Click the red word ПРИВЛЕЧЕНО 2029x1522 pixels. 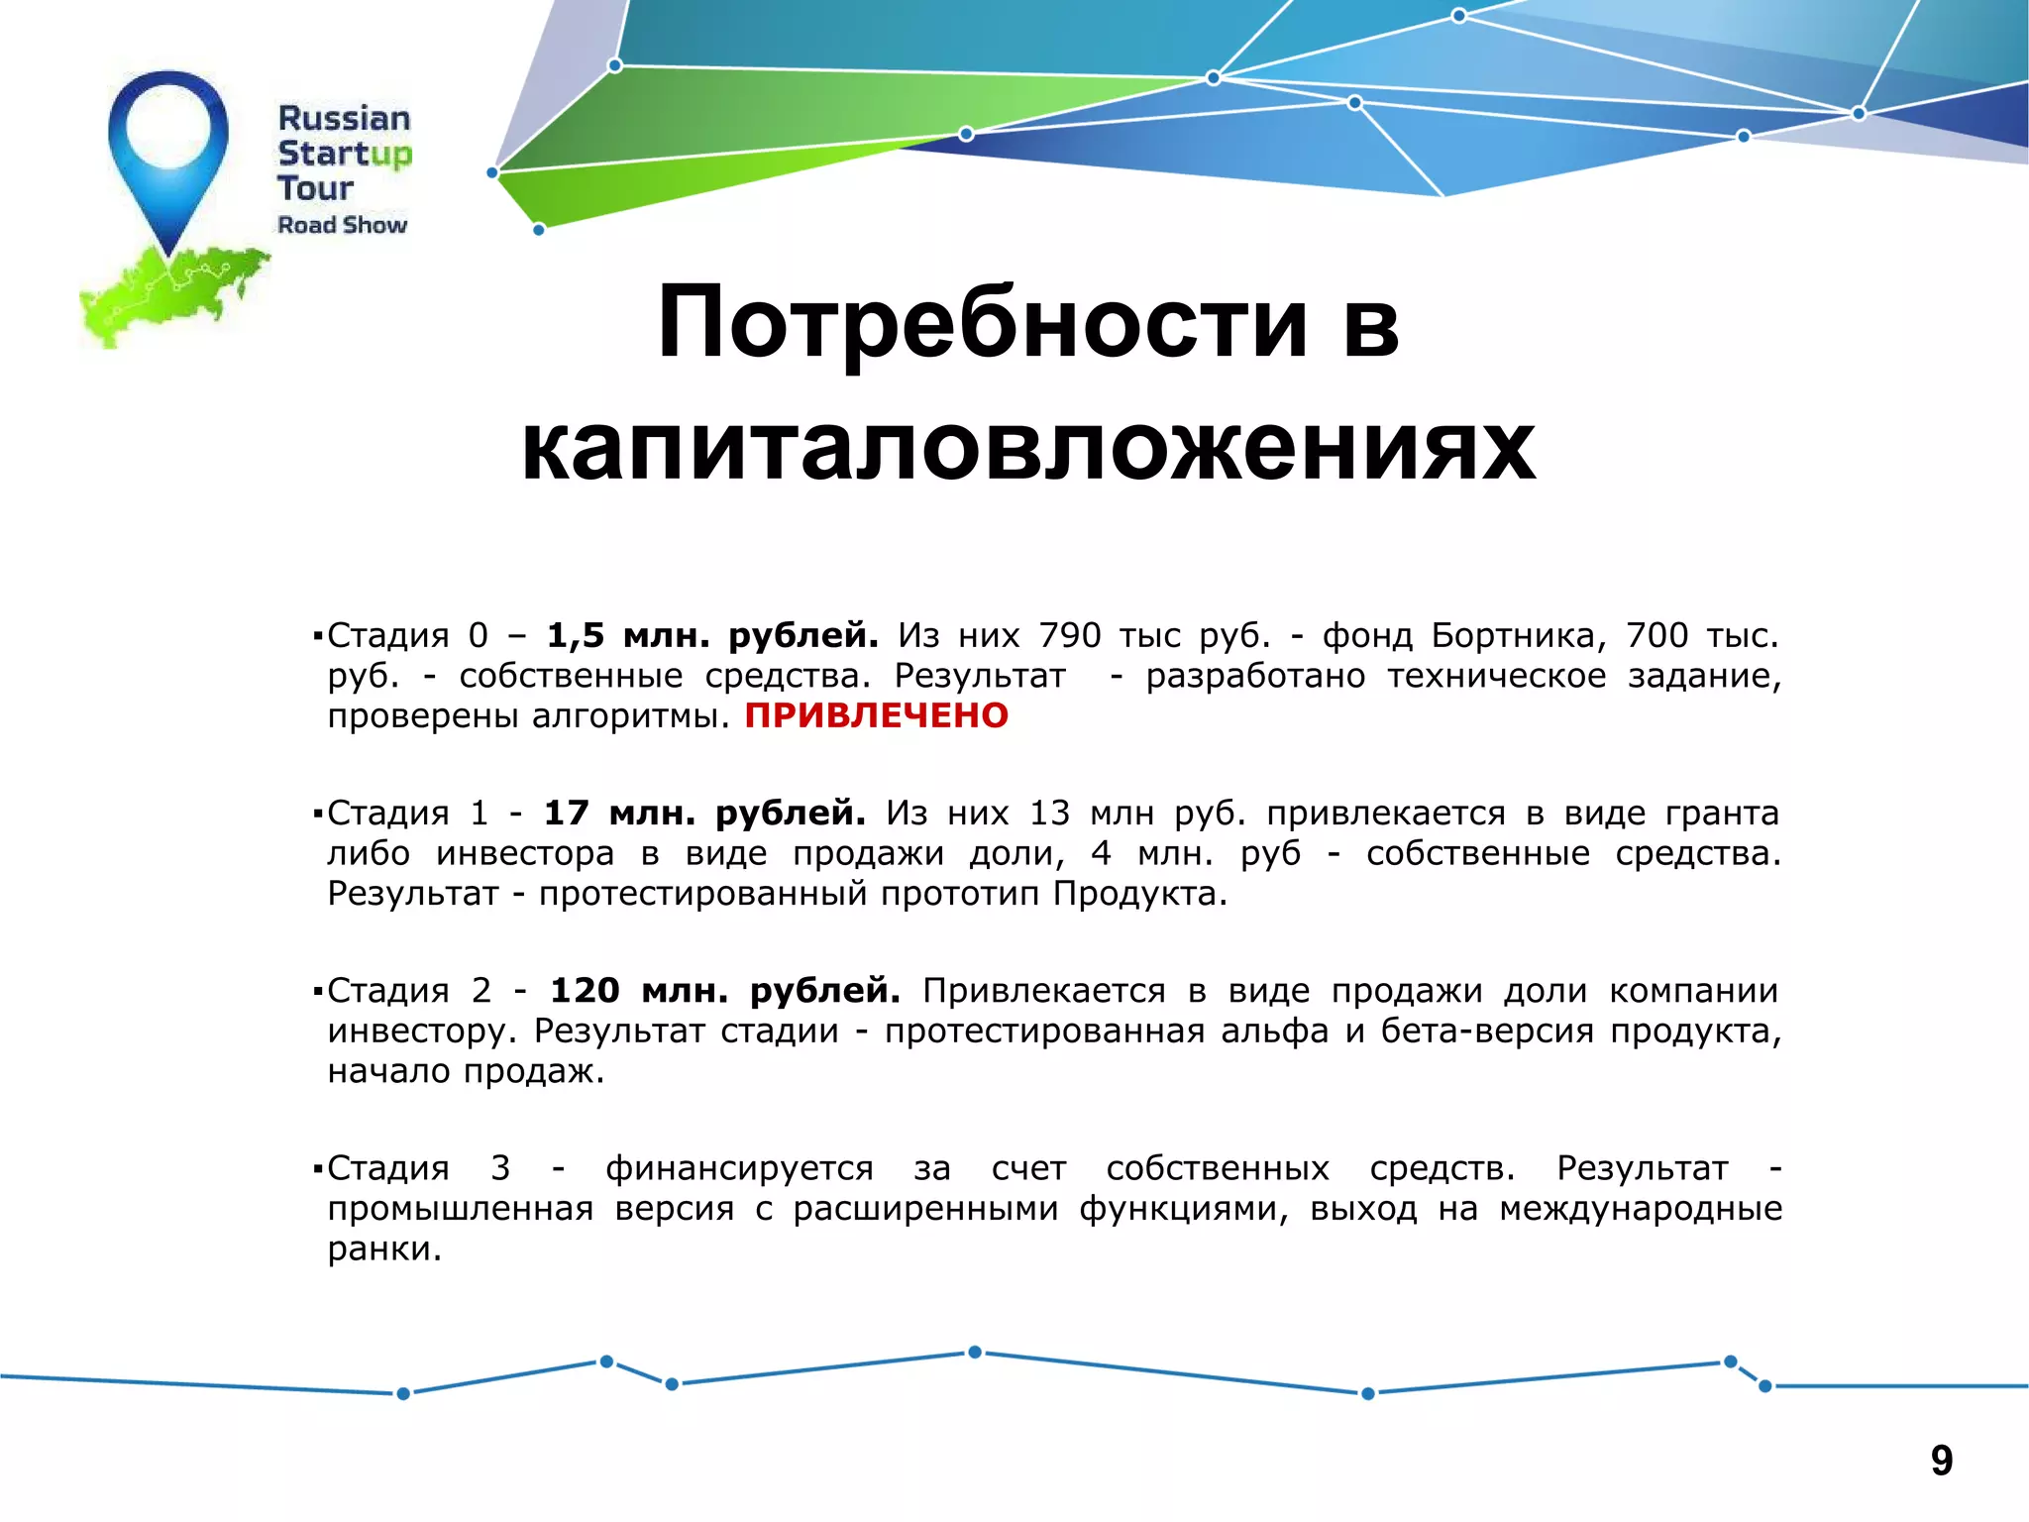point(876,715)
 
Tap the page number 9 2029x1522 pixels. point(1941,1461)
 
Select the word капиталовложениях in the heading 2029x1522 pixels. point(1028,448)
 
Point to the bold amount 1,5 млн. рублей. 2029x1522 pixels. point(712,635)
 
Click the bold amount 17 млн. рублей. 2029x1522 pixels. point(704,813)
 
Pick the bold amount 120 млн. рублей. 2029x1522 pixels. point(725,990)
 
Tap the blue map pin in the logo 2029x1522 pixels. point(168,149)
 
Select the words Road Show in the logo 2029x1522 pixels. point(342,225)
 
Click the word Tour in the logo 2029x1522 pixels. point(315,187)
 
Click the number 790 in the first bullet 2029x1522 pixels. point(1070,635)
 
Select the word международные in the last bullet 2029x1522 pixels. point(1641,1209)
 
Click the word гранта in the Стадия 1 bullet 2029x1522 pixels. point(1722,813)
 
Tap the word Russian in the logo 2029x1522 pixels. point(344,118)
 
